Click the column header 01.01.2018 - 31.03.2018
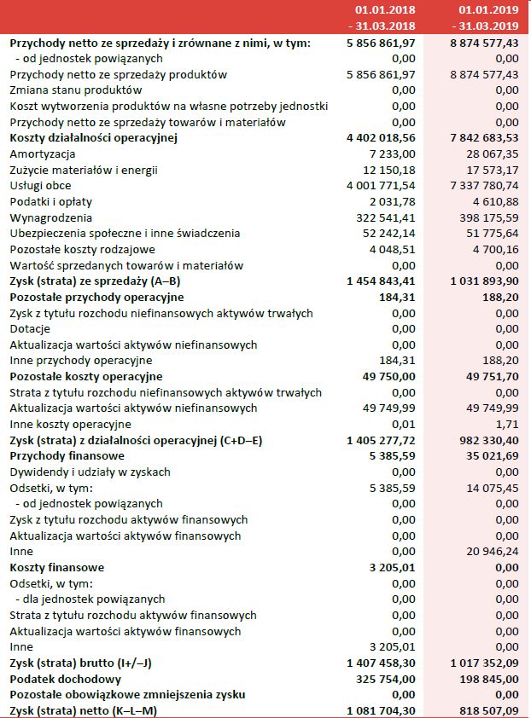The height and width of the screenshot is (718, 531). pos(385,17)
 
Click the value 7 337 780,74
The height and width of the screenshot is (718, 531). pos(479,185)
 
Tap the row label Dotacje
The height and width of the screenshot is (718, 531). pos(30,329)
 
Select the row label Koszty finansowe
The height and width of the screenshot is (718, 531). pos(57,567)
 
